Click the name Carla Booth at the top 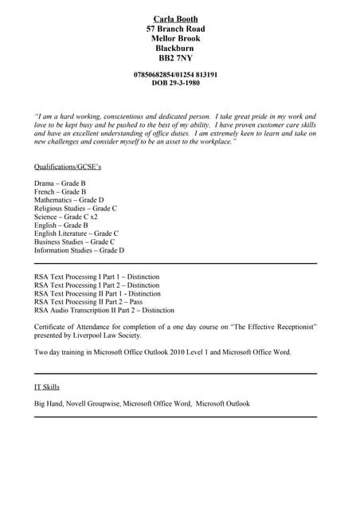pos(175,18)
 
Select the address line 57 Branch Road pos(175,29)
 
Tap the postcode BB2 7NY pos(175,58)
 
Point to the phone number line pos(175,74)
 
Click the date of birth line pos(175,83)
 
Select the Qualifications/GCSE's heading pos(68,167)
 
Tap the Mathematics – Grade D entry pos(68,200)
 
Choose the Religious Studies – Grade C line pos(76,209)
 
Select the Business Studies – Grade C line pos(74,241)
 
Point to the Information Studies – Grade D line pos(79,250)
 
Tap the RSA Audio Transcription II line pos(104,311)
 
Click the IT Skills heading pos(47,387)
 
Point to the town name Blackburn pos(175,48)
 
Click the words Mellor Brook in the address pos(175,38)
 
